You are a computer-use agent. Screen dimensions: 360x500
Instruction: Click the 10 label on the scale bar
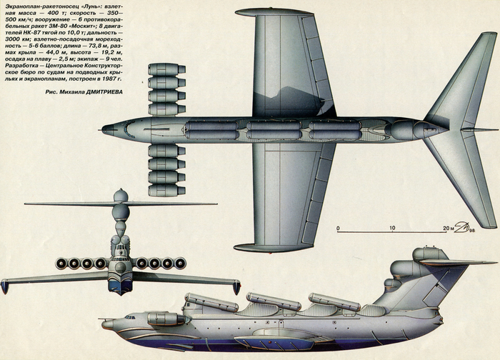(x=392, y=229)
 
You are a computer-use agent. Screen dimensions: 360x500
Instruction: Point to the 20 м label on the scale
(x=447, y=229)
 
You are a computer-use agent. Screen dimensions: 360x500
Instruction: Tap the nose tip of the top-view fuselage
(x=103, y=130)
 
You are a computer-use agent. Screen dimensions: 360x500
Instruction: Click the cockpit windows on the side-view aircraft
(x=130, y=316)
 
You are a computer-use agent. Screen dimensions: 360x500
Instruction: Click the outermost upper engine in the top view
(x=165, y=69)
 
